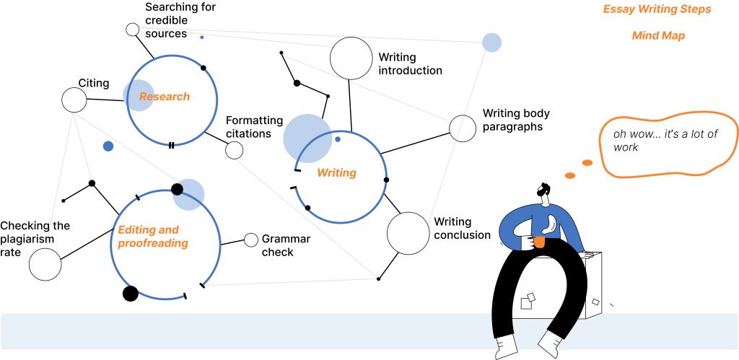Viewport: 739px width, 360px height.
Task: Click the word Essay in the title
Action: click(x=618, y=9)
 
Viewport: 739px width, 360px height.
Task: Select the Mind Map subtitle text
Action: click(x=658, y=35)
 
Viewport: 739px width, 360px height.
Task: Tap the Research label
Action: click(x=165, y=97)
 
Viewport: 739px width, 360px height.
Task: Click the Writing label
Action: click(x=336, y=173)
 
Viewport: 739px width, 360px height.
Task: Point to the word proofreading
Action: click(x=153, y=244)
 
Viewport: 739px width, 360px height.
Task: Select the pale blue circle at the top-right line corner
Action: click(x=491, y=43)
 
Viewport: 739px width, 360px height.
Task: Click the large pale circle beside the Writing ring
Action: click(x=306, y=137)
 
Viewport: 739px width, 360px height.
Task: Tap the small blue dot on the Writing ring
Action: click(x=337, y=139)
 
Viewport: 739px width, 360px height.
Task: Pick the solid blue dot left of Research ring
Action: click(x=108, y=146)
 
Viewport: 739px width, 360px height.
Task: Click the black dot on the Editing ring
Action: click(x=177, y=189)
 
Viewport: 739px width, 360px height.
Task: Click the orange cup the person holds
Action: click(x=539, y=241)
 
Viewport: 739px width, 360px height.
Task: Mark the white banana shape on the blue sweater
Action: click(x=551, y=224)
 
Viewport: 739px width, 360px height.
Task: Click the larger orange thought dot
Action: click(x=587, y=163)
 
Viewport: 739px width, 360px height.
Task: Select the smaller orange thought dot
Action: click(x=570, y=175)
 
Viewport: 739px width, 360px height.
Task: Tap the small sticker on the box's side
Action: click(x=595, y=302)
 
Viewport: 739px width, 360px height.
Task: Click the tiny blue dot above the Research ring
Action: click(x=202, y=38)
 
